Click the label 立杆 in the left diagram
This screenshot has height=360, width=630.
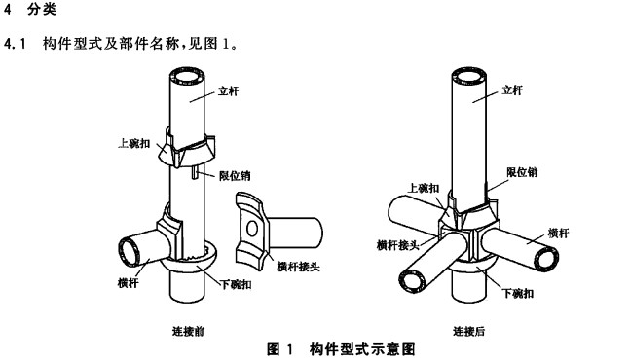[228, 91]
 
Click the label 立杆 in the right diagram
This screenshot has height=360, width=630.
[512, 90]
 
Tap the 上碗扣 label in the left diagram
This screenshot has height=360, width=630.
[133, 143]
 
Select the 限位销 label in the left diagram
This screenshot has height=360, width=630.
[235, 176]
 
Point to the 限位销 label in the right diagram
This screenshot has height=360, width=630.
[522, 172]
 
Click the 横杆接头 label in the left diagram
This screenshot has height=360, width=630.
[299, 266]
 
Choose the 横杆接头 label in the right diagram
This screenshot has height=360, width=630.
[398, 245]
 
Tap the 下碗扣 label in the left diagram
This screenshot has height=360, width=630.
[237, 284]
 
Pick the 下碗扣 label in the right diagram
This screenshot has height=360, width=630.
[518, 293]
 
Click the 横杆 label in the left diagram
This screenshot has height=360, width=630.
[129, 282]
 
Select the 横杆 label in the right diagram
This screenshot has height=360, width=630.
[559, 233]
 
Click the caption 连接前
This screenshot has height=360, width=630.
[189, 331]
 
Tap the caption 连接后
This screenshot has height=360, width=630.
[469, 331]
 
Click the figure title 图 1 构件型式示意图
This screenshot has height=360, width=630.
[341, 349]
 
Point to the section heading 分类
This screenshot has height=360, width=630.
[42, 9]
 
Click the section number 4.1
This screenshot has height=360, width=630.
[15, 44]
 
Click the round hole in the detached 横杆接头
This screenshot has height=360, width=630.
[252, 229]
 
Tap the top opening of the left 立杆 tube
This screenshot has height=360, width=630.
[187, 76]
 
